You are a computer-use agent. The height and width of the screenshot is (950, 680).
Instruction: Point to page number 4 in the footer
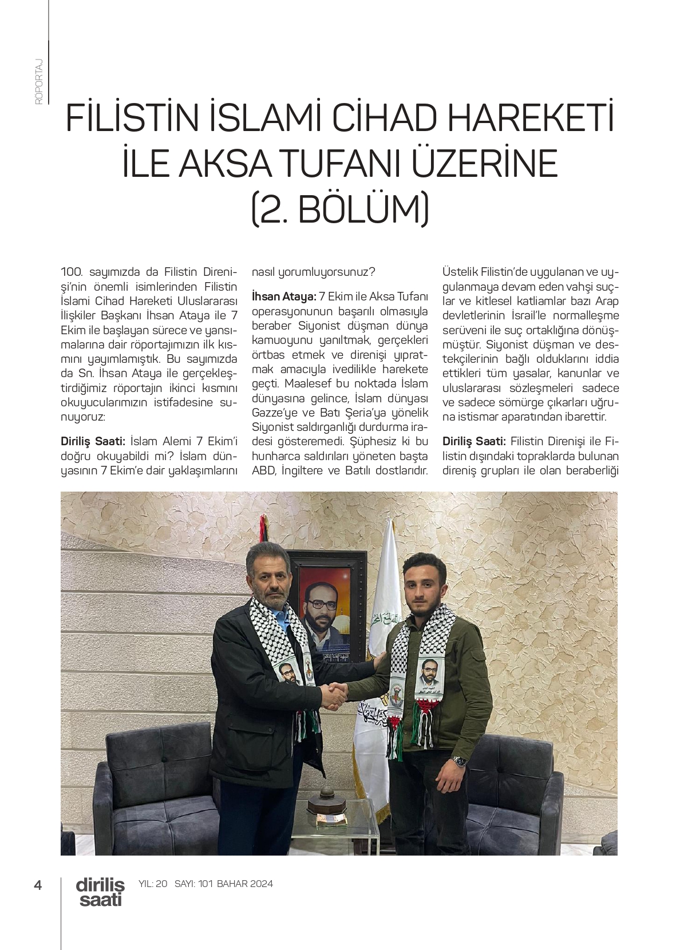click(x=38, y=885)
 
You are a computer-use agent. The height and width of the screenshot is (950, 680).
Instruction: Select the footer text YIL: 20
click(x=153, y=884)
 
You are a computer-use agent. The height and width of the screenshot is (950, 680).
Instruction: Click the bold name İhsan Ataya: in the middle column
click(x=284, y=296)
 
